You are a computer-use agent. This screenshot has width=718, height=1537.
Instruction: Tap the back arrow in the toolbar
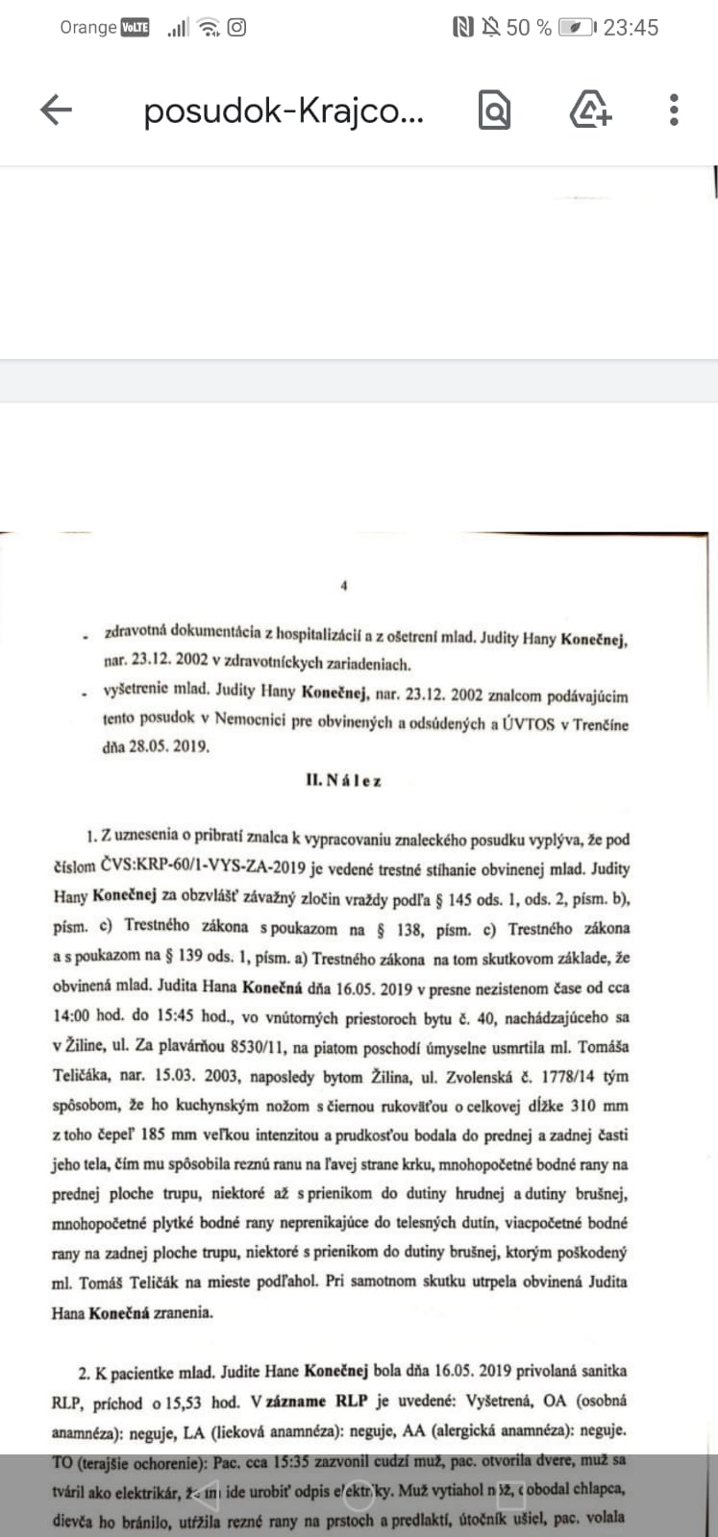56,110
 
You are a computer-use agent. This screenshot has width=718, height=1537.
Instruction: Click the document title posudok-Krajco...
283,111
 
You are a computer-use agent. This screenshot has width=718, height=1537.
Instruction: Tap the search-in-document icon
494,110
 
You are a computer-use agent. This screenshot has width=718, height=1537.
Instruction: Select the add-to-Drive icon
589,110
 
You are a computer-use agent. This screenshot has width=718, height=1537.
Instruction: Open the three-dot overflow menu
674,110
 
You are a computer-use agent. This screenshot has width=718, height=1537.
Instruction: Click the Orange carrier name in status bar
87,27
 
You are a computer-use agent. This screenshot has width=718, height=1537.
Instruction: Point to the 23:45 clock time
631,28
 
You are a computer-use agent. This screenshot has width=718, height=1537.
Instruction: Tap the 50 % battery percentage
529,28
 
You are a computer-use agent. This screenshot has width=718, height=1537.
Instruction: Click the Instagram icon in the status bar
236,27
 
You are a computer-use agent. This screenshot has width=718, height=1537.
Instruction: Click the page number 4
343,585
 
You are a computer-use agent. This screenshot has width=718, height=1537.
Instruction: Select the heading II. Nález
343,781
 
